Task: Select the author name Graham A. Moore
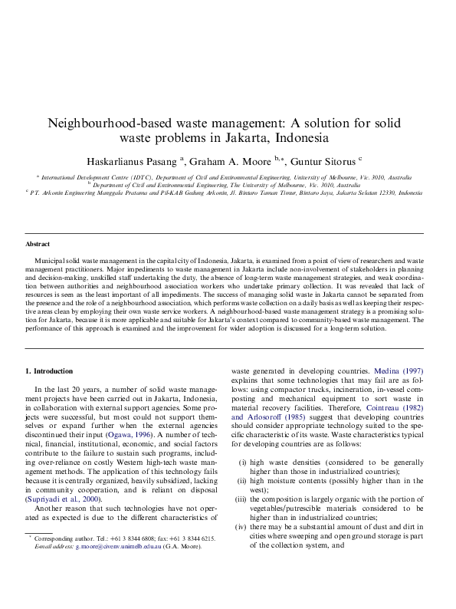click(x=231, y=161)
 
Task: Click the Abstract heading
click(x=38, y=244)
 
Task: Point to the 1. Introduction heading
click(x=49, y=371)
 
